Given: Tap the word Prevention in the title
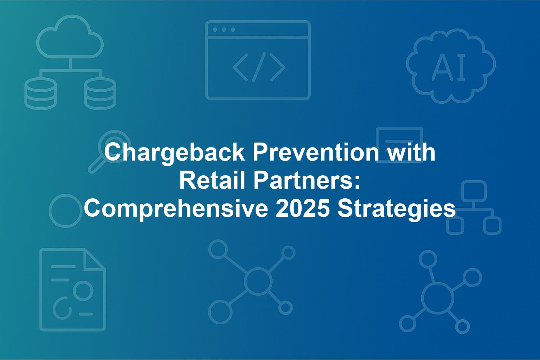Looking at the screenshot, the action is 316,152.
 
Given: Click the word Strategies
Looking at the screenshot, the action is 396,209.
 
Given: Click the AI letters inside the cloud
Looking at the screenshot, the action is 449,67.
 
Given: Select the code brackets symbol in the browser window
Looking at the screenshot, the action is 259,67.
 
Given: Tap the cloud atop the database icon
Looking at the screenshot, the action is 70,37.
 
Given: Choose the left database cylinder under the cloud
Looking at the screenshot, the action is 40,94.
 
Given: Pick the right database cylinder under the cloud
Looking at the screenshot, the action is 100,94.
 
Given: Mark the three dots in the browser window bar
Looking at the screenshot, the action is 224,30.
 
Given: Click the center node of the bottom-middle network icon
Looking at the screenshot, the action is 258,281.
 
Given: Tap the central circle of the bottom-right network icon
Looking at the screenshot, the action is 437,298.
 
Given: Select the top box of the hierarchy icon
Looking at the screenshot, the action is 474,191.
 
